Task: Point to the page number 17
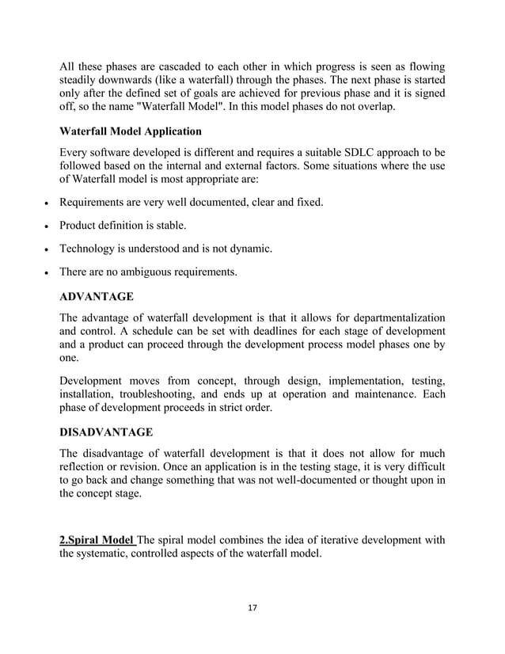(252, 607)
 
